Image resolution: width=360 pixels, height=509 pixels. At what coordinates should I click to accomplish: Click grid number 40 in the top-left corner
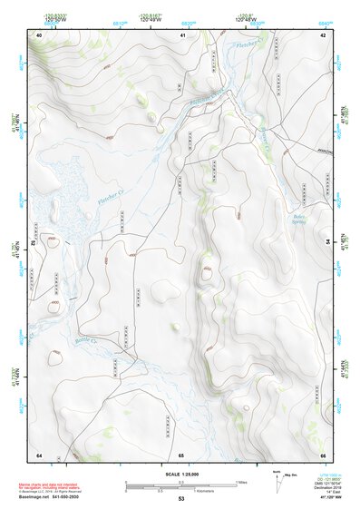tap(39, 34)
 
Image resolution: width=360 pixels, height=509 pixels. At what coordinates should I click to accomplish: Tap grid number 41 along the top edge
tap(181, 34)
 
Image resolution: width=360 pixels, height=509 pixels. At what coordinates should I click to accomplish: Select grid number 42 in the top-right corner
tap(323, 34)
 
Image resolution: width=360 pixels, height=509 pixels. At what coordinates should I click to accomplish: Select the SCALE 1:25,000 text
tap(180, 474)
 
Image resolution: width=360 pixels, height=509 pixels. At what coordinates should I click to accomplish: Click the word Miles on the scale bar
tap(241, 481)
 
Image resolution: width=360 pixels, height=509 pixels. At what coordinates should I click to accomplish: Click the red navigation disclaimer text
tap(46, 485)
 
